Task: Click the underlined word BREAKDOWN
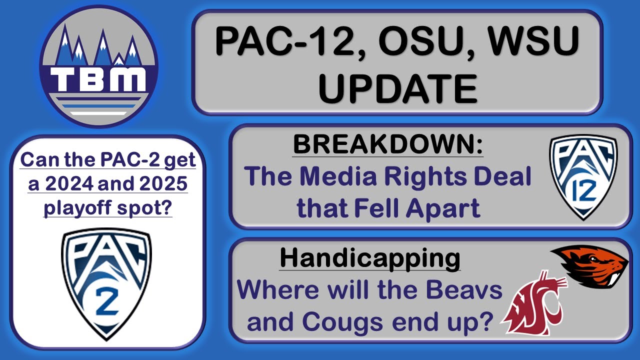point(388,145)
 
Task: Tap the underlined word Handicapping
point(370,258)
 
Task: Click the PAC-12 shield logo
point(583,177)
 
